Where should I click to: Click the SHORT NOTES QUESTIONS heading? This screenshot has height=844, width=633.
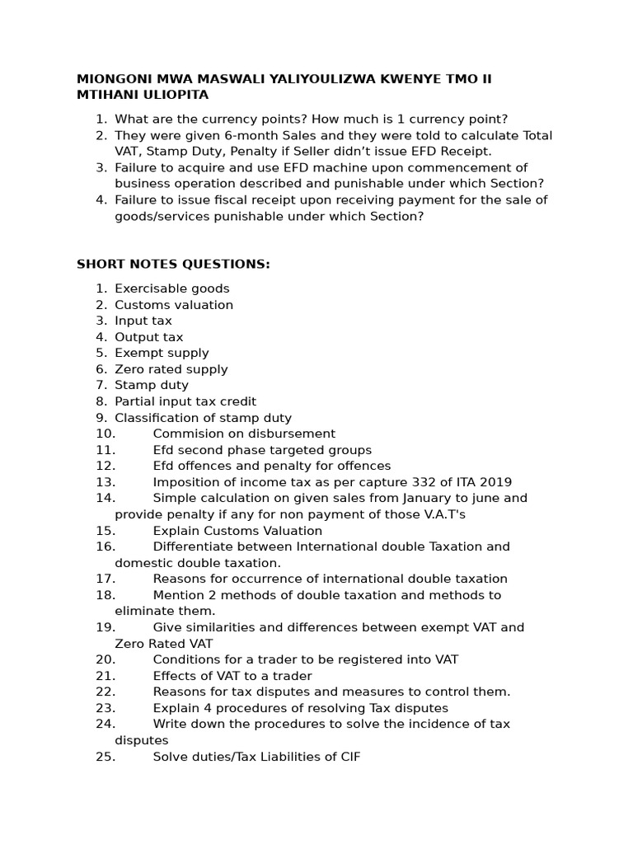coord(173,265)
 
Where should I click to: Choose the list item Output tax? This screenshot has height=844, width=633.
coord(149,337)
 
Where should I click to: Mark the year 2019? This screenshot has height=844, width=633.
coord(494,482)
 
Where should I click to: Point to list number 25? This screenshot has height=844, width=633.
coord(105,757)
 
